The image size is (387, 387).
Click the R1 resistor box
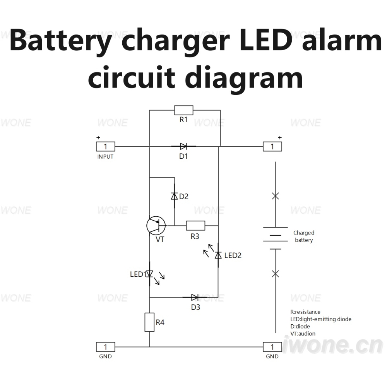[x=183, y=110]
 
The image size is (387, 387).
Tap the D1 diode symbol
[x=183, y=146]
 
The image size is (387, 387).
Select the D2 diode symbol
[x=175, y=196]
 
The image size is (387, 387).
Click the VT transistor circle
[x=156, y=226]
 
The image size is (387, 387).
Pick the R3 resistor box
[x=195, y=226]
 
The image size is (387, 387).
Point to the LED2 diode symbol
[x=218, y=255]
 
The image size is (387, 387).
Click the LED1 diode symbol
[x=149, y=274]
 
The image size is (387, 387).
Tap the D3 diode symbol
[x=195, y=297]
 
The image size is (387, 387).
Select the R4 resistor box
[x=149, y=322]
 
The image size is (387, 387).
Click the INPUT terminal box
[x=106, y=147]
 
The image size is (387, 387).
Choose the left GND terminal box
[x=106, y=347]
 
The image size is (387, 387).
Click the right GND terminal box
[x=272, y=347]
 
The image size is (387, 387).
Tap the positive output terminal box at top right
[x=272, y=147]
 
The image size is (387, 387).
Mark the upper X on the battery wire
[x=276, y=196]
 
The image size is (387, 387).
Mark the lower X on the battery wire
[x=276, y=274]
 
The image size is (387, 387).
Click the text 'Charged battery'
[x=304, y=236]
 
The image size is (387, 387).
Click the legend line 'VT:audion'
[x=303, y=334]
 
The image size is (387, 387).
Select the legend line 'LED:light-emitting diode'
[x=321, y=319]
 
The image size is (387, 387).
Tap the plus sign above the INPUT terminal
[x=98, y=137]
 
